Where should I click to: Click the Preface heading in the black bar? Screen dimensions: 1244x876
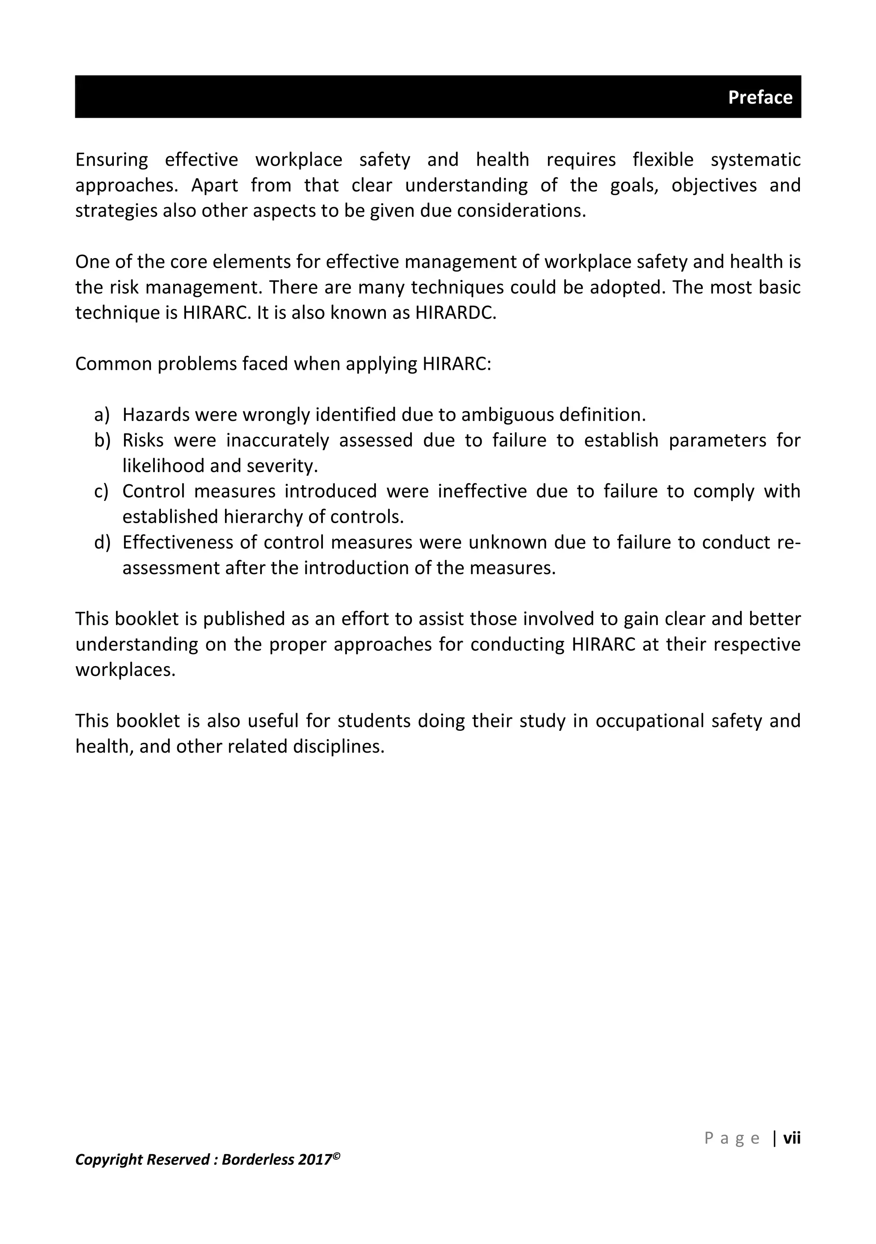coord(760,98)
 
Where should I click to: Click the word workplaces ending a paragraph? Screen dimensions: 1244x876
coord(125,670)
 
